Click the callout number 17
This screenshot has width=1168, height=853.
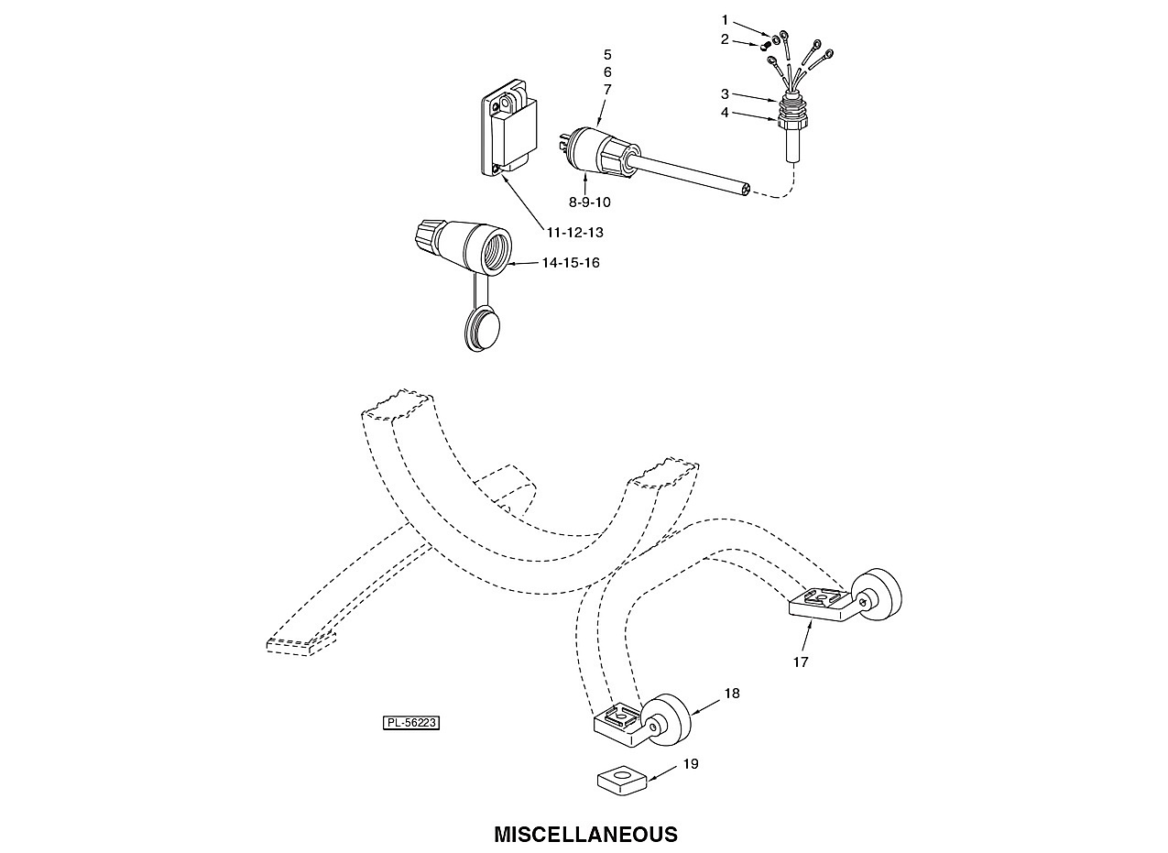(x=801, y=662)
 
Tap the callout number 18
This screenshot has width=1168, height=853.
(x=732, y=693)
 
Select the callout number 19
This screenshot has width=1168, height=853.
(x=691, y=764)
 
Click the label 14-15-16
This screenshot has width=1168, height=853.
(x=571, y=263)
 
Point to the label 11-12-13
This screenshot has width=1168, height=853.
(x=574, y=233)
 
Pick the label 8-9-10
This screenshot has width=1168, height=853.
(x=590, y=202)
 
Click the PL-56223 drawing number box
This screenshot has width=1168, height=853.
(x=411, y=723)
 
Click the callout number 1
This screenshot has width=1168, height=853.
(x=725, y=20)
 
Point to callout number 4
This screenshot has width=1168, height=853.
(x=725, y=112)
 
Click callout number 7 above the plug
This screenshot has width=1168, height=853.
(x=607, y=90)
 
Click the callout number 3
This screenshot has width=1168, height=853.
(x=725, y=94)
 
